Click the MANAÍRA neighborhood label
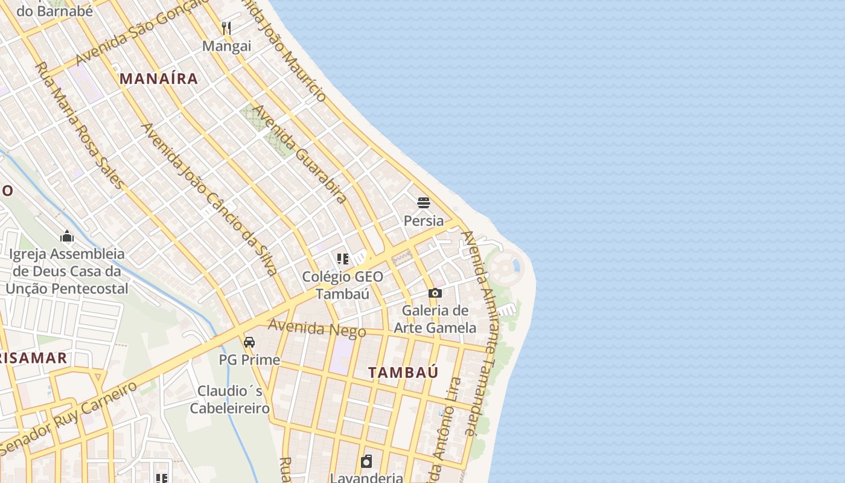coord(159,78)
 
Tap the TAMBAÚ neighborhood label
coord(403,373)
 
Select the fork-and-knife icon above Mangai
coord(226,28)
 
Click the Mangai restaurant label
coord(226,46)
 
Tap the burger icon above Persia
coord(424,202)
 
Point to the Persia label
coord(424,221)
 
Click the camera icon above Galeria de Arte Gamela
coord(435,293)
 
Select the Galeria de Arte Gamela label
coord(435,319)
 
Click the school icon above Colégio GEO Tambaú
coord(343,259)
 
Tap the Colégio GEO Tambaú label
coord(343,286)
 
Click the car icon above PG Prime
coord(249,342)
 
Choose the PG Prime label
coord(249,360)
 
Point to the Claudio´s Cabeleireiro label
coord(230,400)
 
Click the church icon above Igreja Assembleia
coord(67,236)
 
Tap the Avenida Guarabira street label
coord(299,154)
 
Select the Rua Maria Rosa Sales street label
coord(79,125)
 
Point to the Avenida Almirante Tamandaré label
coord(483,332)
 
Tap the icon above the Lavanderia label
coord(366,462)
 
